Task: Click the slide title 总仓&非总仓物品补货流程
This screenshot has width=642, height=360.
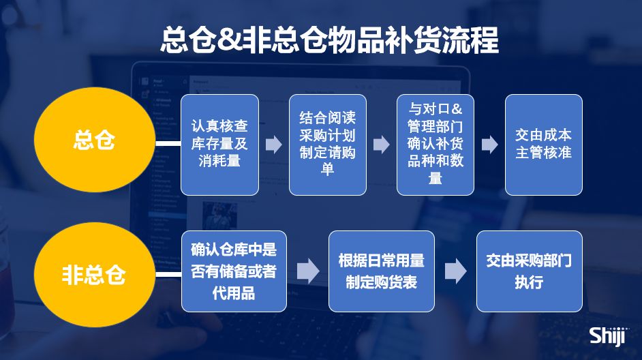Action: tap(329, 40)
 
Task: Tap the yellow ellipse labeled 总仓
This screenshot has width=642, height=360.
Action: tap(94, 142)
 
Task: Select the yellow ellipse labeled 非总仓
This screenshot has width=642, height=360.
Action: tap(94, 275)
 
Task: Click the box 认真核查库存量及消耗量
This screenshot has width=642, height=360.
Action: tap(219, 145)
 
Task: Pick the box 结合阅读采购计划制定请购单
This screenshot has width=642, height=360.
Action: tap(327, 145)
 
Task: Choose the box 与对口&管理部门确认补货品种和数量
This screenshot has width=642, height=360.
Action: tap(435, 145)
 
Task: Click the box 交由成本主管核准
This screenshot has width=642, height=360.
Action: tap(543, 145)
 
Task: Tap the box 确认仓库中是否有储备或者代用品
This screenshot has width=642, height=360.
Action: tap(234, 271)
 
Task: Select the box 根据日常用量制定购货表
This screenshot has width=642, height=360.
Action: tap(381, 271)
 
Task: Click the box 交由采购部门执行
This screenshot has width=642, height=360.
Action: tap(529, 271)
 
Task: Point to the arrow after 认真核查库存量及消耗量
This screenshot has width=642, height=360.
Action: tap(274, 145)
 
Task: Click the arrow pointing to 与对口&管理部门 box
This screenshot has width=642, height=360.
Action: tap(382, 145)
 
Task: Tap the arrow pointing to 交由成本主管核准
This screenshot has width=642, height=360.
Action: tap(489, 145)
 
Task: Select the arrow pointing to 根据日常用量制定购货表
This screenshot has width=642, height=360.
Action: tap(307, 271)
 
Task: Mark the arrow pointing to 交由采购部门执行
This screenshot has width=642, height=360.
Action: tap(455, 271)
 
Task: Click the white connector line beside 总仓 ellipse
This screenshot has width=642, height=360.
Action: tap(168, 144)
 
